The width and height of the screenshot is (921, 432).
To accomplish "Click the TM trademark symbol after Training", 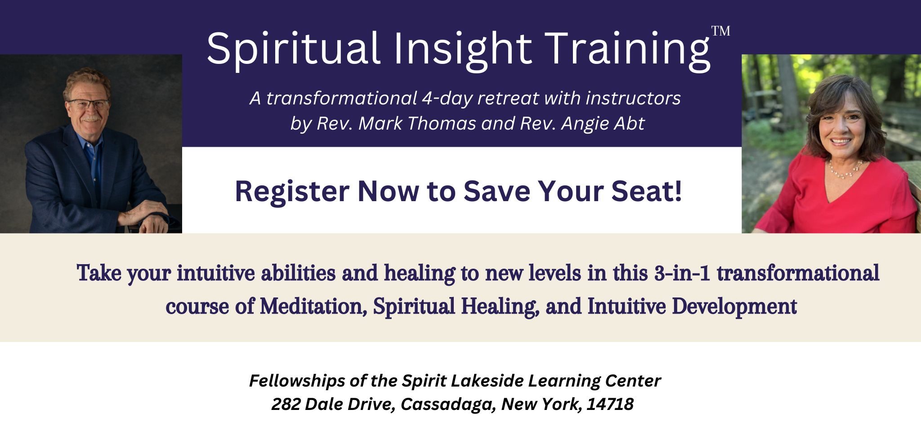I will pos(720,31).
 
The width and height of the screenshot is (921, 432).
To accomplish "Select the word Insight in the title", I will pos(463,49).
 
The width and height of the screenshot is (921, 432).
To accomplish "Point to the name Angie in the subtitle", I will pos(581,123).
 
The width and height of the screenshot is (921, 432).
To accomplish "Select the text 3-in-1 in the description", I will pos(682,273).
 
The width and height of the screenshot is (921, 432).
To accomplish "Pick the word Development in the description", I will pos(734,306).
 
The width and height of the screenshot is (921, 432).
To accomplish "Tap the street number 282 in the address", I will pos(285,404).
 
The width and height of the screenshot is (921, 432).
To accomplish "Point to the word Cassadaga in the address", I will pos(447,404).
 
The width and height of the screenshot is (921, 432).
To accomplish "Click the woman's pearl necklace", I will pos(845,170).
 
